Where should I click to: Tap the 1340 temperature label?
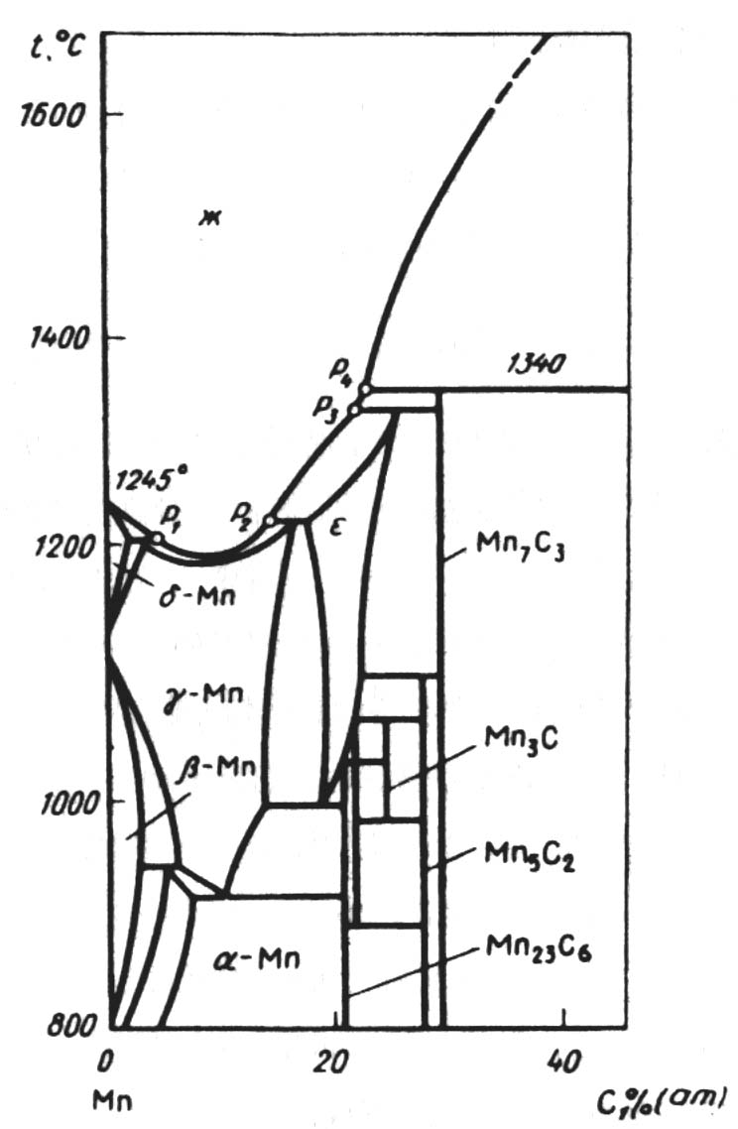(x=539, y=365)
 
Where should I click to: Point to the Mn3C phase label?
(x=520, y=739)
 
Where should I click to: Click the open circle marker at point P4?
(x=365, y=390)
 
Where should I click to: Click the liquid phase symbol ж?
(x=207, y=219)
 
